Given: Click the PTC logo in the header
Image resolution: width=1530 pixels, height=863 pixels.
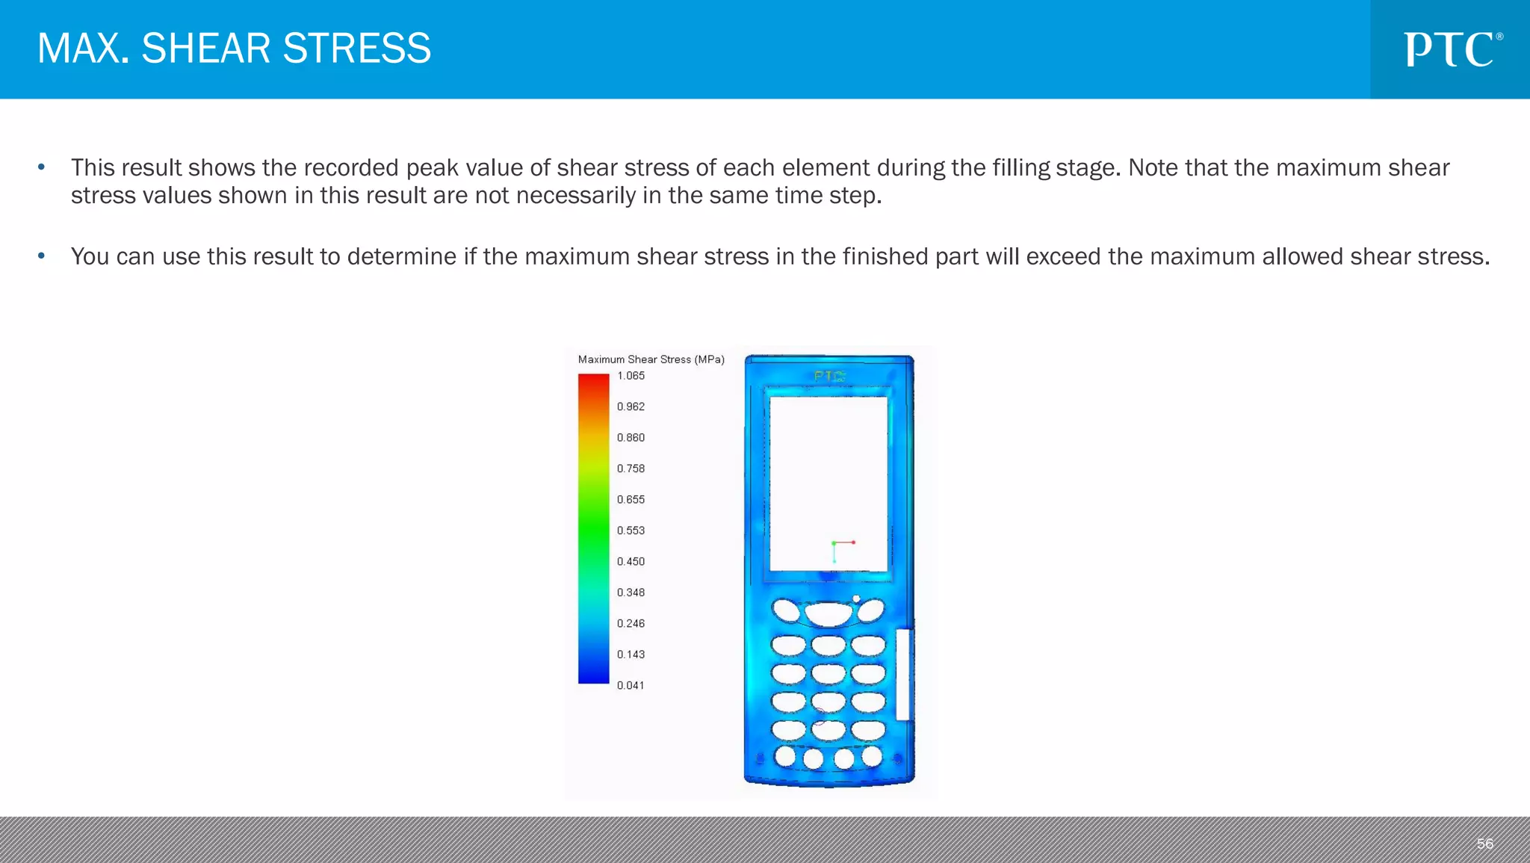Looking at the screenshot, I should (1452, 49).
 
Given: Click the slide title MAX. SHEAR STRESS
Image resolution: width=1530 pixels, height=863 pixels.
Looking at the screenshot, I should (234, 49).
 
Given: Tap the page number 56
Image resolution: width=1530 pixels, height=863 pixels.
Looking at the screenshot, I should (1484, 844).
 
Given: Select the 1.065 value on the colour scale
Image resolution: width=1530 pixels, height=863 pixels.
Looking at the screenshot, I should (631, 376).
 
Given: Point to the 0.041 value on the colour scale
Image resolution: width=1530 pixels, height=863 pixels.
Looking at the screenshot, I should (631, 685).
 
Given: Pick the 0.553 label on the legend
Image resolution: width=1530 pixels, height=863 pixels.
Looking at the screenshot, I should (631, 531).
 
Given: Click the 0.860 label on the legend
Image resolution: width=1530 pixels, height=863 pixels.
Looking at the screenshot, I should (631, 438).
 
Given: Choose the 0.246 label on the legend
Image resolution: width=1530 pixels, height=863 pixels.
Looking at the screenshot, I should (631, 623).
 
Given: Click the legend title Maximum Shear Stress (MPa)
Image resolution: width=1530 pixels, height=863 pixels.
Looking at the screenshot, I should (651, 359).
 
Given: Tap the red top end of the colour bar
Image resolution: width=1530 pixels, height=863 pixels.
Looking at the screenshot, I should (593, 380).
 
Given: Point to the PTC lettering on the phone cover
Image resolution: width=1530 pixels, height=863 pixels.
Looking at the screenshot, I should (830, 376).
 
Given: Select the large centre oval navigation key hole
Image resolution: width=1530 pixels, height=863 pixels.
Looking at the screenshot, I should (829, 614).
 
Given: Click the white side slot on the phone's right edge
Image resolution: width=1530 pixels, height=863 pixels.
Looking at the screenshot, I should (902, 674).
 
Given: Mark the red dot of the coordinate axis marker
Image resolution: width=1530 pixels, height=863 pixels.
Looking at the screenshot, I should (853, 542).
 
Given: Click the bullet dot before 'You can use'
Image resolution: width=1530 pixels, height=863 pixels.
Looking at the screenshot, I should (42, 256).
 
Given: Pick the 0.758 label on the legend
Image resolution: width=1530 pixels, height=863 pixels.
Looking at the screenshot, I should (631, 468).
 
